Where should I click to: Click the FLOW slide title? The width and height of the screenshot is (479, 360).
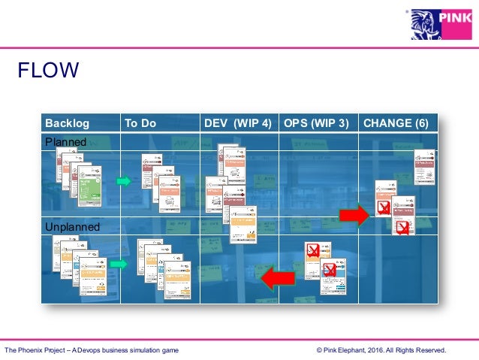click(x=49, y=71)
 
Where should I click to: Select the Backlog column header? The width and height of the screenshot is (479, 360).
click(x=67, y=123)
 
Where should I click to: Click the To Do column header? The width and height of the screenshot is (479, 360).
click(x=140, y=123)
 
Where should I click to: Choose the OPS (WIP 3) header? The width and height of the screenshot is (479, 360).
click(x=316, y=123)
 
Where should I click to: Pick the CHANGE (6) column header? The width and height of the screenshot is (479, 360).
click(x=396, y=123)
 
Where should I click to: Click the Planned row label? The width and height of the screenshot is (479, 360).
click(x=66, y=142)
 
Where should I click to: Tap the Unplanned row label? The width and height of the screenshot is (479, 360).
click(x=72, y=226)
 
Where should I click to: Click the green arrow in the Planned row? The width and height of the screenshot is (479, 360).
click(x=124, y=181)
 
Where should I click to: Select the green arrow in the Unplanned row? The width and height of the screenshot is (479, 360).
click(x=119, y=264)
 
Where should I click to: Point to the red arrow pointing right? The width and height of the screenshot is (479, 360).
click(x=354, y=215)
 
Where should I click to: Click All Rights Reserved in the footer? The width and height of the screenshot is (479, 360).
click(x=417, y=350)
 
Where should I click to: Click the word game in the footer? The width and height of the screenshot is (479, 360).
click(x=170, y=350)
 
